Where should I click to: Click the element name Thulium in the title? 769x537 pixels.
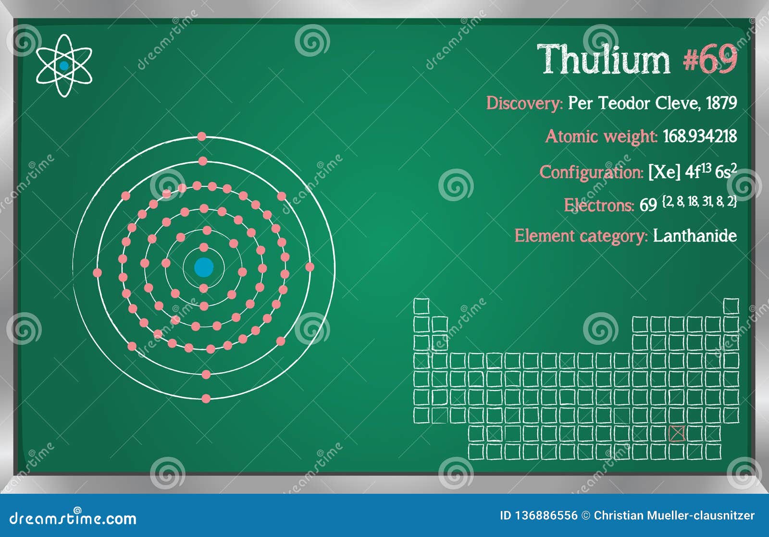pos(603,60)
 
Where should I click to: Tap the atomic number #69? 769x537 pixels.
pos(710,60)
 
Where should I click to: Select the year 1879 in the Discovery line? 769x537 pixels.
pos(721,103)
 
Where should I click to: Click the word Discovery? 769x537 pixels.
pos(524,103)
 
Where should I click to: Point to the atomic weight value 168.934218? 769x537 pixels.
pos(700,136)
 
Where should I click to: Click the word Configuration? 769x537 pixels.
pos(591,172)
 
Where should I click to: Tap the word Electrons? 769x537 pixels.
pos(598,206)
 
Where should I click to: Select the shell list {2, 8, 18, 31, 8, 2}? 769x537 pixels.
pos(699,202)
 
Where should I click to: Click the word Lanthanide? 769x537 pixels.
pos(695,236)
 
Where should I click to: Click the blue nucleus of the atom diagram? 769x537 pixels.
pos(204,268)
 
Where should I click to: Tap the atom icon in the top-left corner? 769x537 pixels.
pos(63,66)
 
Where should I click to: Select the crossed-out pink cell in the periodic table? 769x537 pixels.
pos(676,434)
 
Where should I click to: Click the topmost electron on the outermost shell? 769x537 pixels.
pos(201,137)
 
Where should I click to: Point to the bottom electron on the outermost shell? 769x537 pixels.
pos(206,398)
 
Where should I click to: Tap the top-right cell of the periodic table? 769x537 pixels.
pos(731,306)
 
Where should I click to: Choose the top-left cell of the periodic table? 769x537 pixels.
pos(421,306)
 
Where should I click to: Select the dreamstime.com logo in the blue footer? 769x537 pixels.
pos(73,518)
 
